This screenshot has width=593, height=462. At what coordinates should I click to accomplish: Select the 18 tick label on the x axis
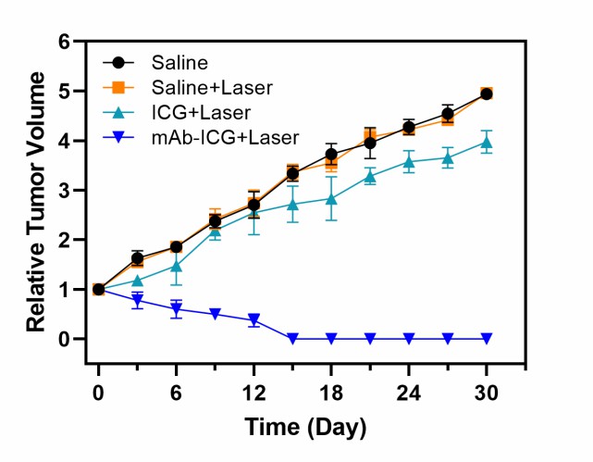click(x=331, y=392)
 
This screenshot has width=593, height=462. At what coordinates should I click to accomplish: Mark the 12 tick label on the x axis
click(x=253, y=392)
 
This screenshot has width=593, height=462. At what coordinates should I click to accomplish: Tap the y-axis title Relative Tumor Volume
click(x=37, y=191)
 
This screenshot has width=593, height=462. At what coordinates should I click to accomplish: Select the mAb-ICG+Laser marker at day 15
click(x=292, y=339)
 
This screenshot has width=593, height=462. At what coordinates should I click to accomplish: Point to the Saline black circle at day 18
click(x=331, y=155)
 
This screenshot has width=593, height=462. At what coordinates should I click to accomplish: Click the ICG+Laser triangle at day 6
click(x=176, y=266)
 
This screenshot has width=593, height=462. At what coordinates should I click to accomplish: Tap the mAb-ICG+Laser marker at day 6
click(x=176, y=309)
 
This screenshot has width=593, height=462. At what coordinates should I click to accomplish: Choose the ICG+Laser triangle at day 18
click(x=331, y=198)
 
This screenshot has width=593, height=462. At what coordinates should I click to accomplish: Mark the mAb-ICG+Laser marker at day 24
click(x=409, y=339)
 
